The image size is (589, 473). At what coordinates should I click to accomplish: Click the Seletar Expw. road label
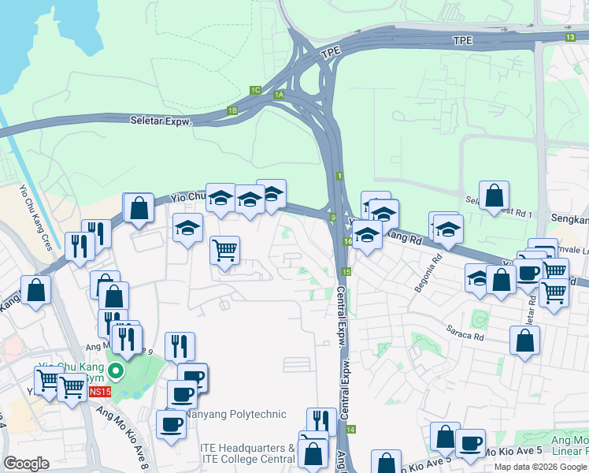[x=162, y=120]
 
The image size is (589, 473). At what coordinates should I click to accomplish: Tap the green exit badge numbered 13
[x=570, y=37]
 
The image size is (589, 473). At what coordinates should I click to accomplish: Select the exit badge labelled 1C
[x=254, y=90]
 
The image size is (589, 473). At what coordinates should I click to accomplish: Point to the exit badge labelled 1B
[x=232, y=110]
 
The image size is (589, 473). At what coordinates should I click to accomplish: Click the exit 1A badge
[x=279, y=95]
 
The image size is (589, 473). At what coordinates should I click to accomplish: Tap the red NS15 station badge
[x=99, y=392]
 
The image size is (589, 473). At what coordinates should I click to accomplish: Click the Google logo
[x=26, y=464]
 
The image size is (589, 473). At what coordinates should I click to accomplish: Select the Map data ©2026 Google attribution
[x=540, y=467]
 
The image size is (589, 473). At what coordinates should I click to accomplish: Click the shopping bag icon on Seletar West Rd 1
[x=494, y=195]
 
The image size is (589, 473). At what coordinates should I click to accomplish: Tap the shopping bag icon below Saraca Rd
[x=524, y=341]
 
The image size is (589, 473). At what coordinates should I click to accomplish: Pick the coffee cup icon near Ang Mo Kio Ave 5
[x=470, y=442]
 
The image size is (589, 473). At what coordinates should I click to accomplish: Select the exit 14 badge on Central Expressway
[x=350, y=429]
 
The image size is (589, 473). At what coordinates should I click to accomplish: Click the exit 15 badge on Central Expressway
[x=346, y=271]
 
